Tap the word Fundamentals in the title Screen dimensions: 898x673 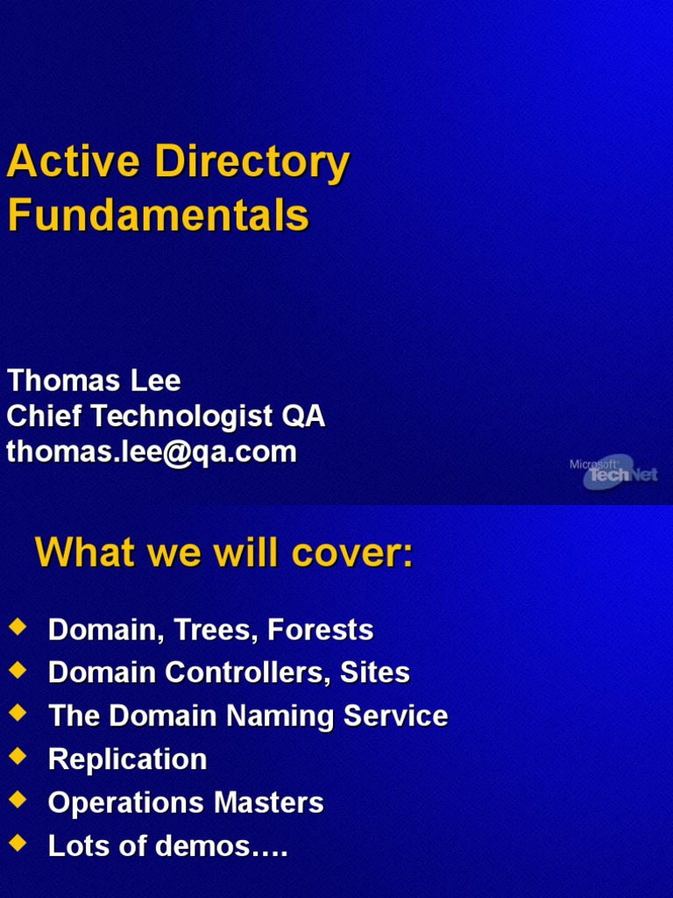pyautogui.click(x=158, y=216)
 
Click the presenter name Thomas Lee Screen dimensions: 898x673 pyautogui.click(x=94, y=381)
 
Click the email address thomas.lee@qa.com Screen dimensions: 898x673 pyautogui.click(x=152, y=452)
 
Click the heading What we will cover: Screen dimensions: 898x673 pyautogui.click(x=223, y=553)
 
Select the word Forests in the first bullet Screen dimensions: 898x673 pyautogui.click(x=321, y=630)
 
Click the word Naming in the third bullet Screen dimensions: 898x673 pyautogui.click(x=280, y=716)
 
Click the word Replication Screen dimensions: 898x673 pyautogui.click(x=127, y=759)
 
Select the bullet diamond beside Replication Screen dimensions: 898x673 pyautogui.click(x=18, y=756)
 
